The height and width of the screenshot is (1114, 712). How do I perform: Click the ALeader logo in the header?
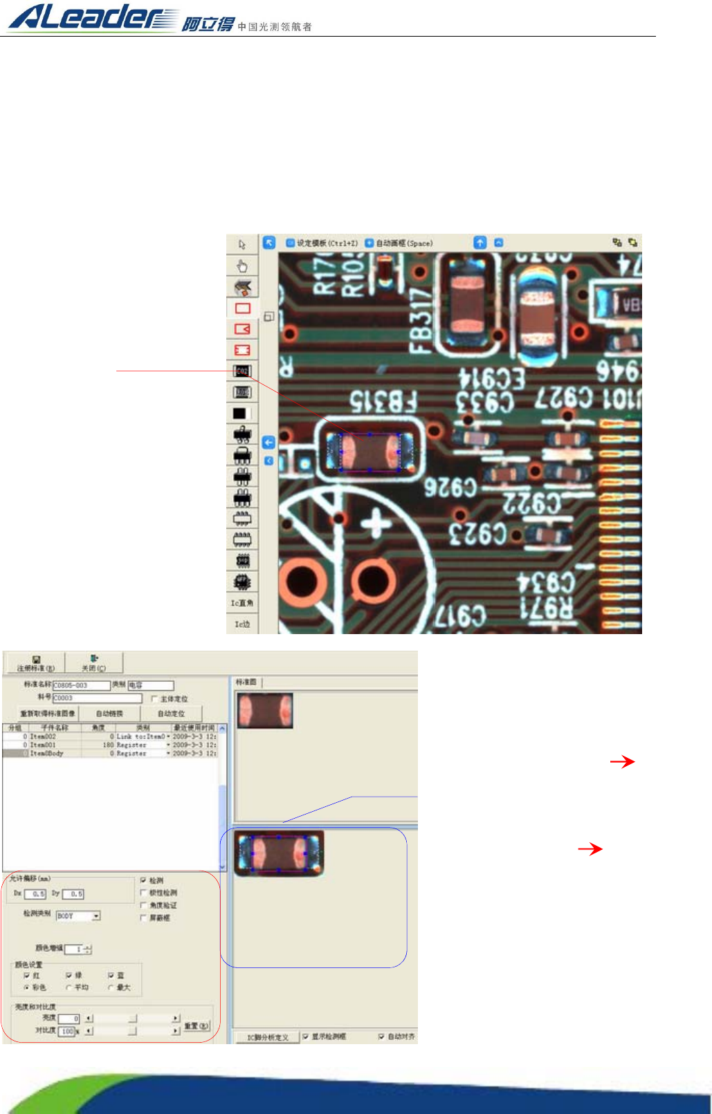click(x=93, y=17)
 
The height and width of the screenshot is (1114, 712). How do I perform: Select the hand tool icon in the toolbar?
click(x=242, y=266)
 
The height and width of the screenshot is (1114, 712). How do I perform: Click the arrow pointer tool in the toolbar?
click(x=242, y=245)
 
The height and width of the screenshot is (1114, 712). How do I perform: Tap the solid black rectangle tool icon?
click(x=239, y=414)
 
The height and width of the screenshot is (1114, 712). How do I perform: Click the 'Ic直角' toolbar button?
click(x=242, y=603)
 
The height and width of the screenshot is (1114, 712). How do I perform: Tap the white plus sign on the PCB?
click(x=376, y=524)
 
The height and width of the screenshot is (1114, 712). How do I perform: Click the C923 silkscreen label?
click(x=478, y=533)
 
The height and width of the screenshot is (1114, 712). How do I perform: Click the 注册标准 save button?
click(x=36, y=663)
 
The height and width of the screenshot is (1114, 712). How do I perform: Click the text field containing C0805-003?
click(x=81, y=685)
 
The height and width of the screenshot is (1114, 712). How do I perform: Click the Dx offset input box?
click(x=35, y=894)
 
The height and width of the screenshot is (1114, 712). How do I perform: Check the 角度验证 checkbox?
click(x=143, y=905)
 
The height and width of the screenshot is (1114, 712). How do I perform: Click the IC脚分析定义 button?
click(x=268, y=1037)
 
